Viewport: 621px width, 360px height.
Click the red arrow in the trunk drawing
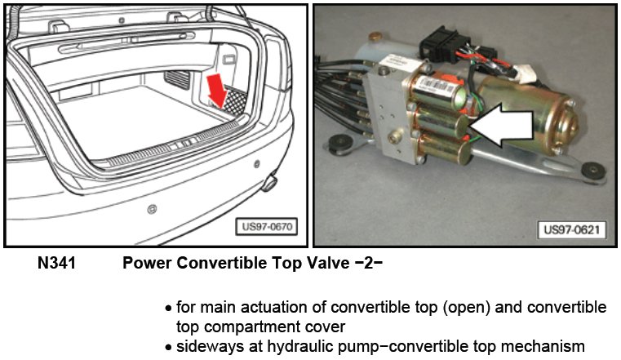217,91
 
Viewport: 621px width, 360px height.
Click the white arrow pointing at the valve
501,125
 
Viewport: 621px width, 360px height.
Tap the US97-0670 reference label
267,227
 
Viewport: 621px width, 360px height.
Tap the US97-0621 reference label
571,229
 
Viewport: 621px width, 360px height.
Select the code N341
56,263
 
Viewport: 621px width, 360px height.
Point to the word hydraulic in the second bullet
299,346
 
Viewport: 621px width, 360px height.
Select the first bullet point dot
169,308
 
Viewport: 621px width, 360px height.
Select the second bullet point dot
169,348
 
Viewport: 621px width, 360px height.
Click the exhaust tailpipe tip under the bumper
269,183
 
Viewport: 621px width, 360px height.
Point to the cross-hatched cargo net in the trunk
234,101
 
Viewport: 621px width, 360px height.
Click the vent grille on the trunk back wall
176,80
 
